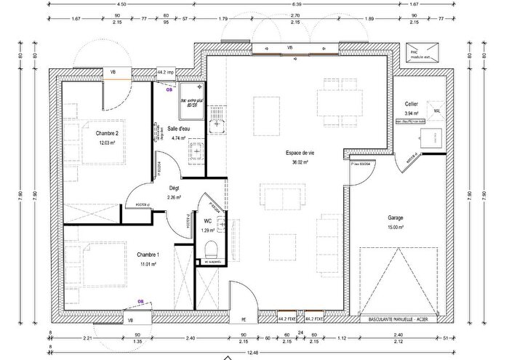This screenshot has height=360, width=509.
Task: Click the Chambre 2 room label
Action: coord(107,133)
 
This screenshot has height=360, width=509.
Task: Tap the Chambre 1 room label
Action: coord(148,254)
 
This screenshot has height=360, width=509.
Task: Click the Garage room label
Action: coord(395,217)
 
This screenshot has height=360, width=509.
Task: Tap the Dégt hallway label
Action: coord(174,187)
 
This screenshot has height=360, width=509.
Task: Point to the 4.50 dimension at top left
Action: coord(121,4)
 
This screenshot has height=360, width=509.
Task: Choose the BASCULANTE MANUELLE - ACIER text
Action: coord(396,319)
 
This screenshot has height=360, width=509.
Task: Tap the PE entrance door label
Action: coord(243,319)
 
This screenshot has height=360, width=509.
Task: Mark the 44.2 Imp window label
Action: coord(167,72)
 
